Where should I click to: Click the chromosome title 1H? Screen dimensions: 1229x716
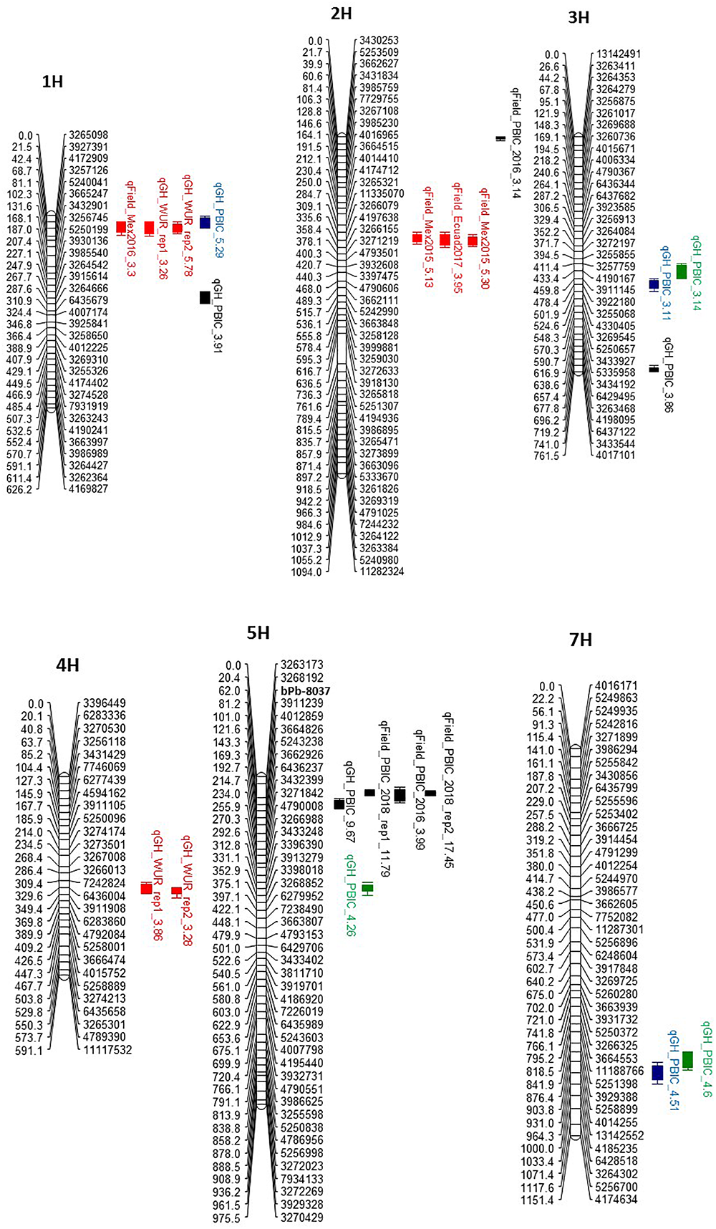(52, 82)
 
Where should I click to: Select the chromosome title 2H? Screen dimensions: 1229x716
(342, 14)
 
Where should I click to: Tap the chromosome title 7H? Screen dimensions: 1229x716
(581, 640)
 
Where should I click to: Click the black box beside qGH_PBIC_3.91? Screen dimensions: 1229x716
(205, 297)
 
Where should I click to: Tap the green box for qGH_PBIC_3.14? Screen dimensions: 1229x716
(681, 271)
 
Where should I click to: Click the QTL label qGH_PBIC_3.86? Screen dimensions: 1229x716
(668, 377)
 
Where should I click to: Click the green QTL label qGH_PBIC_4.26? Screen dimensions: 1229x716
(351, 895)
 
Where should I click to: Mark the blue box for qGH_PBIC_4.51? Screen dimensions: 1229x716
(657, 1073)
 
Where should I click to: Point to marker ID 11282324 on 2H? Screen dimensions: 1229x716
(382, 572)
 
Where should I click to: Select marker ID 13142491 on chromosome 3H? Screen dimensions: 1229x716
(618, 54)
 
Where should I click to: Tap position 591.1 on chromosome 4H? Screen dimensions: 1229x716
(29, 1051)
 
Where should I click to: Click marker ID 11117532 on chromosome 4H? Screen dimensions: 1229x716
(107, 1051)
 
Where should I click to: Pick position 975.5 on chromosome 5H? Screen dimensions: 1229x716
(227, 1217)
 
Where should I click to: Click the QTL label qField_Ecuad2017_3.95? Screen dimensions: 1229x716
(458, 238)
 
